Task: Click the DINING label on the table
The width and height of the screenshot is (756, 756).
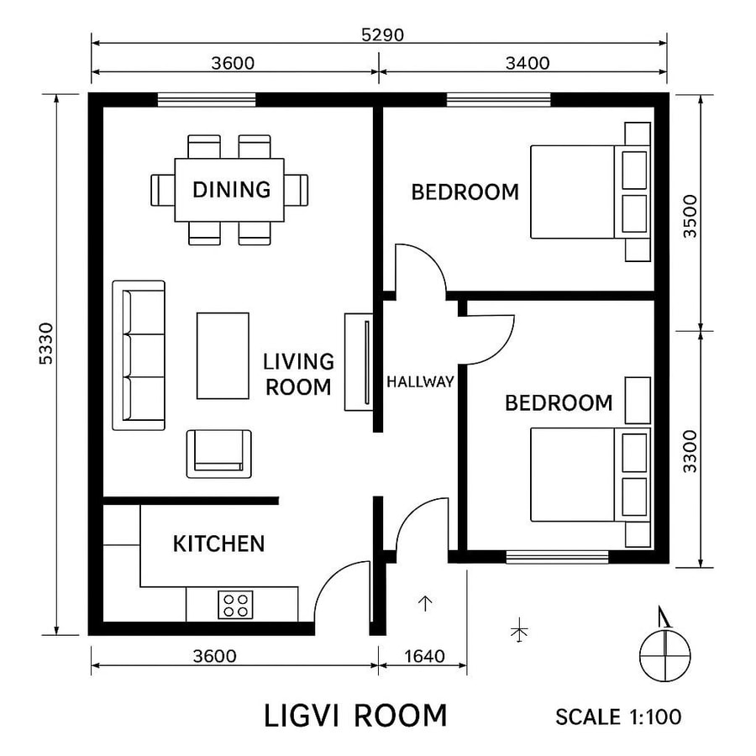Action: [231, 190]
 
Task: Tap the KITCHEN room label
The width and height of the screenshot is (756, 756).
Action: [218, 544]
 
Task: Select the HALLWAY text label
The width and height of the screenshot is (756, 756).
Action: [420, 381]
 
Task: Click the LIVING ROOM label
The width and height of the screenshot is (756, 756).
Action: [298, 374]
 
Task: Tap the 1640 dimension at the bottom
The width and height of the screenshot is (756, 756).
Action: [423, 656]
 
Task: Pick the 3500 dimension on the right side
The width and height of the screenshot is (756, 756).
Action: [690, 217]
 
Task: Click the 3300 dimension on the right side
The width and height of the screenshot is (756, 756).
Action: [690, 451]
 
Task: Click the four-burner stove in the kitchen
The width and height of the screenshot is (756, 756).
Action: [236, 604]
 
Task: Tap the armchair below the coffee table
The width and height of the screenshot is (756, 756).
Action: [218, 454]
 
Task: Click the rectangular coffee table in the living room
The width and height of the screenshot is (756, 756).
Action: [223, 355]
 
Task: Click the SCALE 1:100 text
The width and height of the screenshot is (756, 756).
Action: [617, 717]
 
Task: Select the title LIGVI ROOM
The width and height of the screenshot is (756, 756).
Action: [355, 716]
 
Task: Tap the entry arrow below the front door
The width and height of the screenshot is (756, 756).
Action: [425, 602]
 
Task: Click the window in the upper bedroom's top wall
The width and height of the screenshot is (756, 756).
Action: [498, 100]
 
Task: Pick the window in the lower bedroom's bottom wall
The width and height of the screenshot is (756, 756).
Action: [557, 556]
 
